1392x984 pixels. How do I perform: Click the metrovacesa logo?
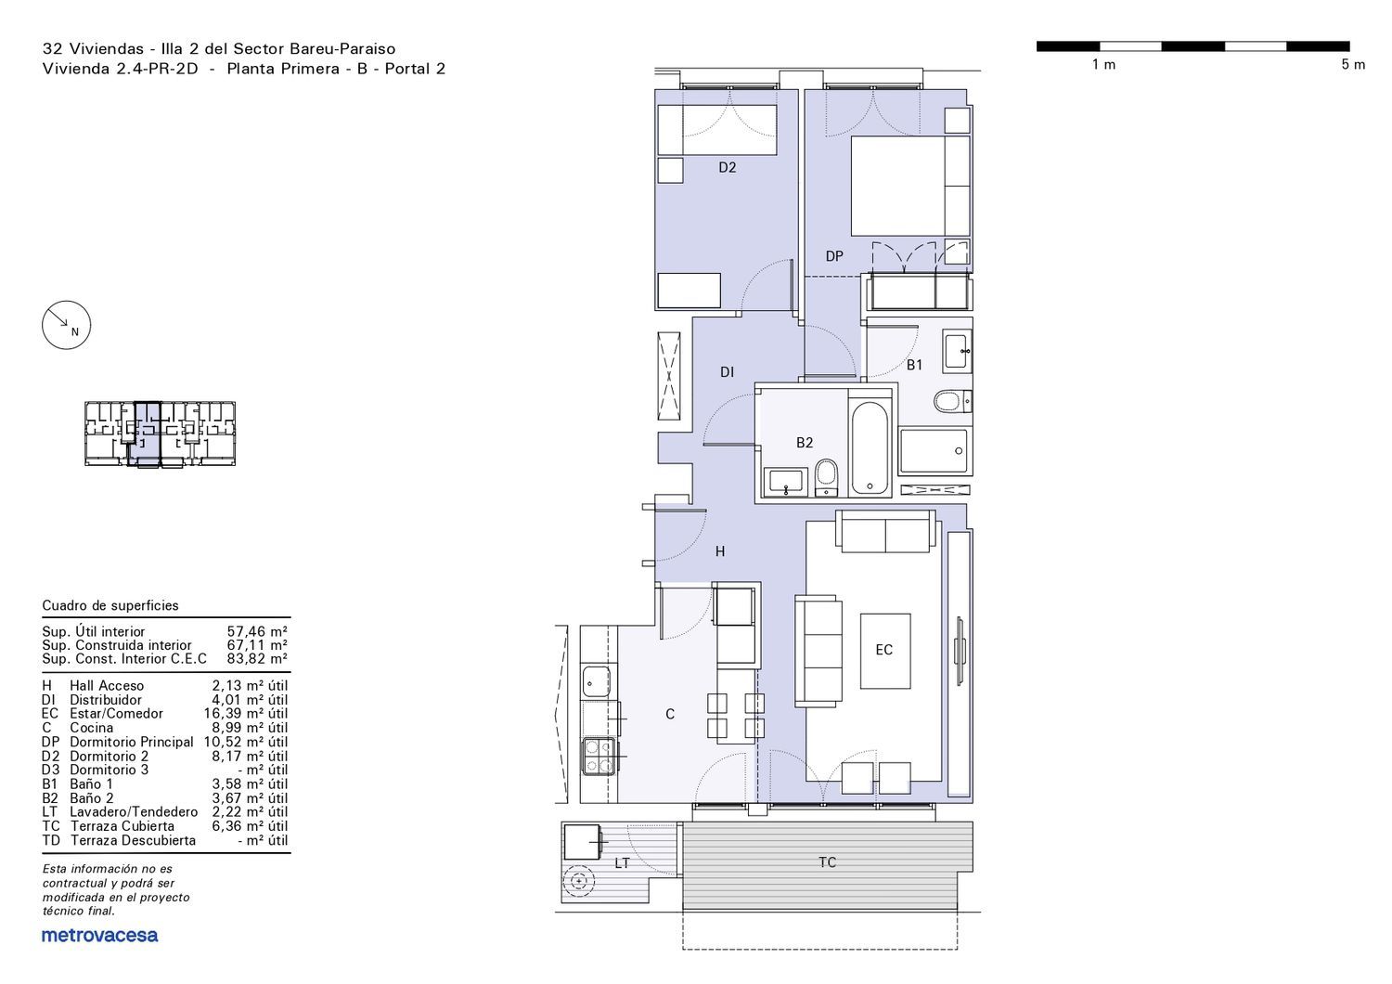(x=99, y=936)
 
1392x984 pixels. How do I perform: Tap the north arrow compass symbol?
(x=67, y=325)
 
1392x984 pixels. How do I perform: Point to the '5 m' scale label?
(x=1353, y=65)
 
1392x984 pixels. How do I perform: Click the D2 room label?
(x=727, y=167)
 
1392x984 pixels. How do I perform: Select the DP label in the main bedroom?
(x=834, y=256)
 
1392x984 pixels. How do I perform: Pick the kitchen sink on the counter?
(x=596, y=680)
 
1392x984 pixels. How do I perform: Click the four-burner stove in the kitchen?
(x=599, y=757)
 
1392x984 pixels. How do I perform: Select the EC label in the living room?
(x=883, y=650)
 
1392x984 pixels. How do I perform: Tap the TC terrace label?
(x=827, y=862)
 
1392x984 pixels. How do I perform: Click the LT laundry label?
(x=622, y=863)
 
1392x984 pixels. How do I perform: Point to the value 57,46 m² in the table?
(x=257, y=632)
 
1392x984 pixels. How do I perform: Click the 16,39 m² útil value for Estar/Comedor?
(x=246, y=714)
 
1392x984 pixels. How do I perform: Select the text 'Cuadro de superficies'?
(x=110, y=605)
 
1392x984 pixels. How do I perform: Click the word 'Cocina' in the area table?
(x=91, y=728)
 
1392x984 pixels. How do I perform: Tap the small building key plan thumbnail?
(x=160, y=434)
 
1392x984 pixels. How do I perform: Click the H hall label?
(x=719, y=551)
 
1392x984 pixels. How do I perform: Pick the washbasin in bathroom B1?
(x=957, y=351)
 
